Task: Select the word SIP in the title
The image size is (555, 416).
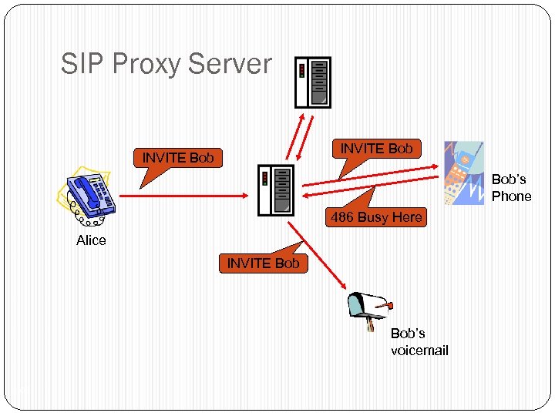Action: (x=82, y=64)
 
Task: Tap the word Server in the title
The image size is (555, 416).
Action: (x=233, y=64)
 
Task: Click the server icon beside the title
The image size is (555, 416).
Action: (x=313, y=82)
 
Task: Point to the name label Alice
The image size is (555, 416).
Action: (x=91, y=240)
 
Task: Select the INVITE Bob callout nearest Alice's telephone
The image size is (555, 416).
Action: (x=178, y=159)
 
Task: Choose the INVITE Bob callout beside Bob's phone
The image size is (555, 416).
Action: (x=376, y=149)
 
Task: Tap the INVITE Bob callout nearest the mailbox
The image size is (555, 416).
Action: (x=263, y=263)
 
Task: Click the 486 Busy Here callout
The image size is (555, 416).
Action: (x=376, y=217)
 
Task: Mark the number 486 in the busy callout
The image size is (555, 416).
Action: (x=342, y=217)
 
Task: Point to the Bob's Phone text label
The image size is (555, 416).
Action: (x=511, y=188)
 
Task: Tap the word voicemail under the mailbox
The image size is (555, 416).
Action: (x=419, y=351)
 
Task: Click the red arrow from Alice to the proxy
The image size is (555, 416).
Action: (x=185, y=196)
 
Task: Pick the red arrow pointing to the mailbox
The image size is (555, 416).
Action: (x=316, y=254)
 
